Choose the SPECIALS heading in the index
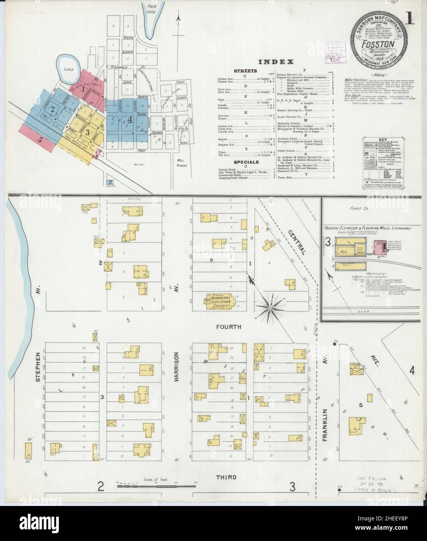tap(246, 162)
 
